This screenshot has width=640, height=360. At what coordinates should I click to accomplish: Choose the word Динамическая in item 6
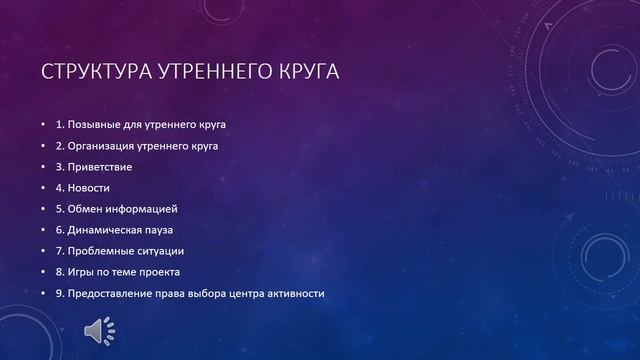pyautogui.click(x=108, y=229)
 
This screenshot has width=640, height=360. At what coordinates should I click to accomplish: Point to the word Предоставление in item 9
pyautogui.click(x=114, y=292)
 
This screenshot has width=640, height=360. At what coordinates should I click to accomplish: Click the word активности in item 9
pyautogui.click(x=294, y=292)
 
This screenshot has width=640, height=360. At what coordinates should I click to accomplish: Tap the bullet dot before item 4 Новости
pyautogui.click(x=44, y=187)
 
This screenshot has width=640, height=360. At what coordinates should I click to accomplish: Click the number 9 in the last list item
pyautogui.click(x=59, y=292)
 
